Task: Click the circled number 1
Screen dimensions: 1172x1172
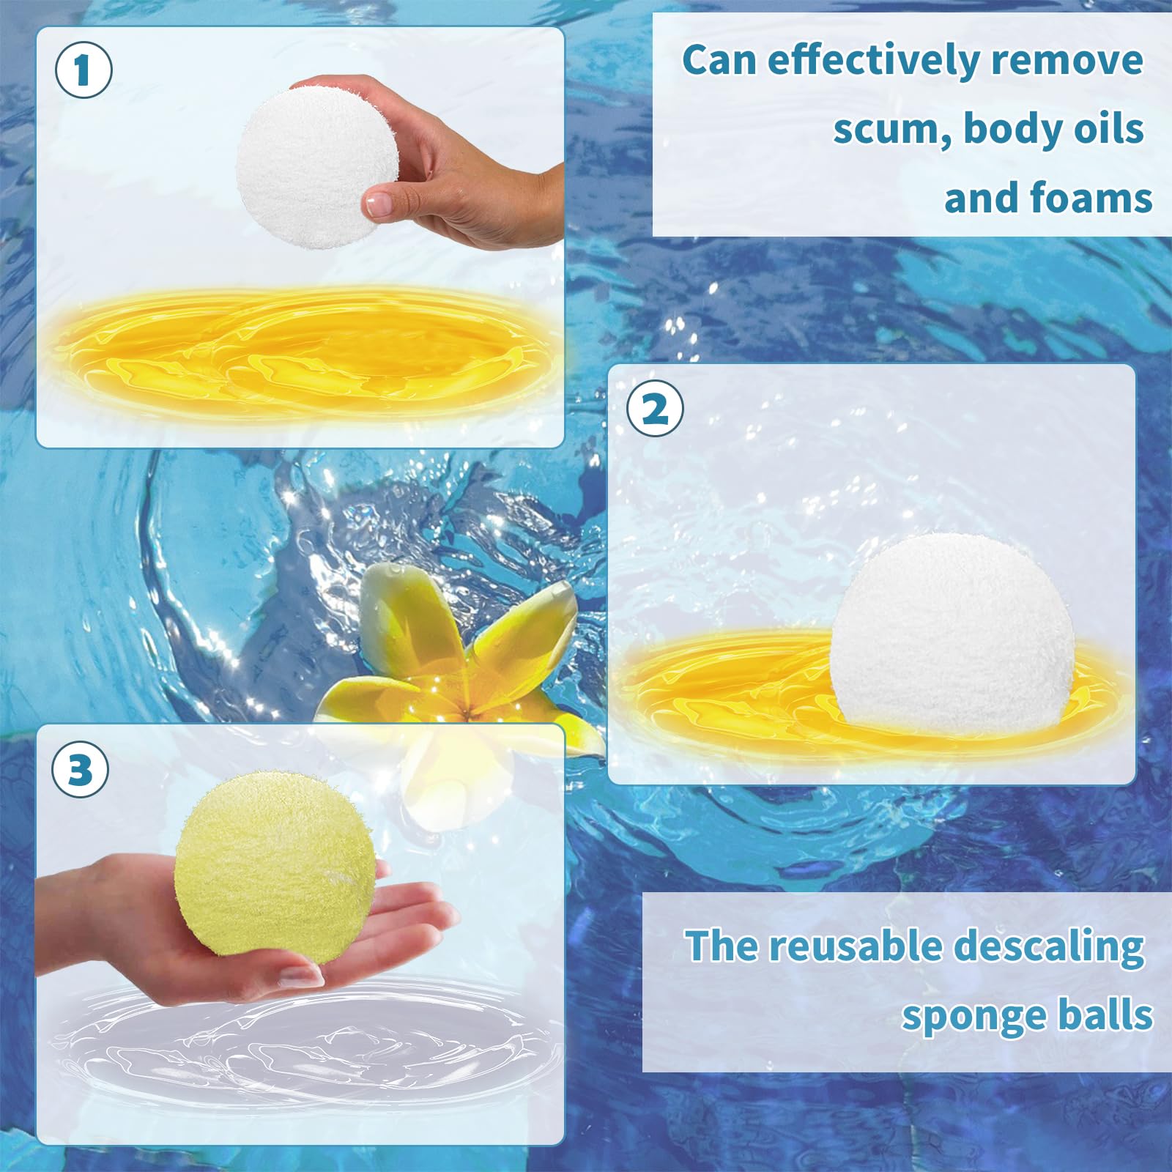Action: click(x=84, y=70)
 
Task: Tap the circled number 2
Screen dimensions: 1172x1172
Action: click(x=655, y=408)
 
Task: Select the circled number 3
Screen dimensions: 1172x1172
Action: click(x=80, y=770)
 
